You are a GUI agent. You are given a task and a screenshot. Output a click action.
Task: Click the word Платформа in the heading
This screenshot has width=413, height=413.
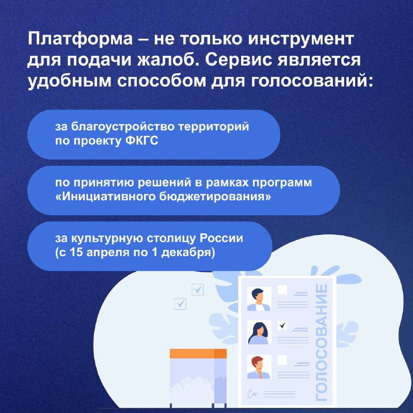tap(81, 39)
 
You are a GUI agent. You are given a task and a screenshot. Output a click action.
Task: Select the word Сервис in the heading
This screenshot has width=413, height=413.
tap(238, 60)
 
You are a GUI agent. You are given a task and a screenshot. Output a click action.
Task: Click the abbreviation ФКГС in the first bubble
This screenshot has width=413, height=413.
tap(142, 140)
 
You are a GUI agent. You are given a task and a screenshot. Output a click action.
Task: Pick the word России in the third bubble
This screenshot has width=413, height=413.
tap(221, 238)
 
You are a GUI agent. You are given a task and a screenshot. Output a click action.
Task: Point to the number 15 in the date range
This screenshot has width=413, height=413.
tap(76, 252)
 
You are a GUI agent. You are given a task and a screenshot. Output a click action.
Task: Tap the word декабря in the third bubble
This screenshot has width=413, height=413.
tap(188, 253)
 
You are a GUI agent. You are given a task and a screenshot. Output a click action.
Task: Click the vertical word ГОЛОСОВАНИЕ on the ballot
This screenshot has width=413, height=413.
tap(321, 342)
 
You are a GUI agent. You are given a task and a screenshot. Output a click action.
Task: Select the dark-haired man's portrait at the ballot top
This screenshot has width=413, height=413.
tap(259, 299)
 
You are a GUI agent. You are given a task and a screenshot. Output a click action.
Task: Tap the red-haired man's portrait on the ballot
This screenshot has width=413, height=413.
tap(259, 367)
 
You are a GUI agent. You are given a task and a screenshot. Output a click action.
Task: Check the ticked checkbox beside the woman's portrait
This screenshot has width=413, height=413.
tap(282, 325)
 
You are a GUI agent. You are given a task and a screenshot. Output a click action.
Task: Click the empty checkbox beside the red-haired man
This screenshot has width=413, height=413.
tap(282, 360)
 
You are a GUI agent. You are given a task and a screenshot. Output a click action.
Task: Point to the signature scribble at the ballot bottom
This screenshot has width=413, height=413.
tap(252, 394)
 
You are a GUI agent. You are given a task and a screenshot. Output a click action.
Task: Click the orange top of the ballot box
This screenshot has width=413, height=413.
tap(198, 354)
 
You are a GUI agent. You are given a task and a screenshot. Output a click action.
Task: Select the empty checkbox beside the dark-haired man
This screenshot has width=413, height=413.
tap(282, 290)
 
